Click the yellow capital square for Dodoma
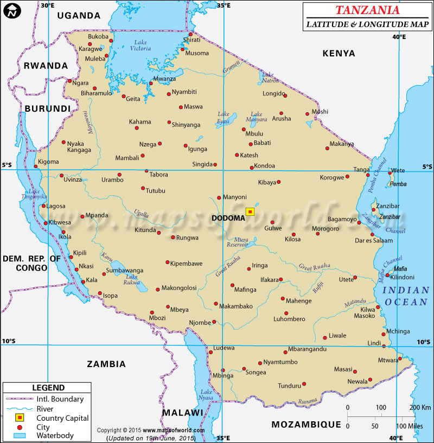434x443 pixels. (x=250, y=211)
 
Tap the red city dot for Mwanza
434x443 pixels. (x=151, y=84)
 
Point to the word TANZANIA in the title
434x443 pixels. (x=367, y=10)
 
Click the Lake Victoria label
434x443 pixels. (x=141, y=46)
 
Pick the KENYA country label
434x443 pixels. (x=339, y=53)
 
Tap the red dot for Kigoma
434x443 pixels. (x=36, y=161)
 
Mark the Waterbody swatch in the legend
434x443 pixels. (x=21, y=435)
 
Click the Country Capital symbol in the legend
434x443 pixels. (x=21, y=418)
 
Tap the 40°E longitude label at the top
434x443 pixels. (x=399, y=37)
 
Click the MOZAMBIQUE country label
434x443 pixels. (x=307, y=424)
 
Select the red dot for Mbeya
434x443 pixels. (x=168, y=306)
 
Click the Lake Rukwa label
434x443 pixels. (x=132, y=279)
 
